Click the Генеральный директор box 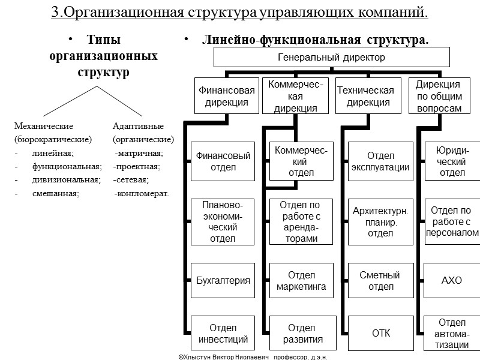click(x=332, y=58)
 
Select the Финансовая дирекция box click(x=227, y=96)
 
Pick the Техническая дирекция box click(x=365, y=96)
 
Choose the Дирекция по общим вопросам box click(x=438, y=96)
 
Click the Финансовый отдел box click(x=223, y=161)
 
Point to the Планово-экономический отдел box click(x=223, y=222)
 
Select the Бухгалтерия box click(x=223, y=280)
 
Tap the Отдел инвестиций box click(x=223, y=334)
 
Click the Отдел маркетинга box click(x=302, y=281)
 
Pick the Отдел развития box click(x=302, y=334)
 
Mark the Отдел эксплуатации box click(x=380, y=161)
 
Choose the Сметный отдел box click(x=380, y=281)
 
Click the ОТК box click(x=380, y=334)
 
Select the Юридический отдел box click(x=452, y=161)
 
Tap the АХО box click(x=452, y=280)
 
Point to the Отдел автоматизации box click(x=452, y=334)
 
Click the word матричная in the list click(x=139, y=153)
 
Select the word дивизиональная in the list click(x=66, y=179)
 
